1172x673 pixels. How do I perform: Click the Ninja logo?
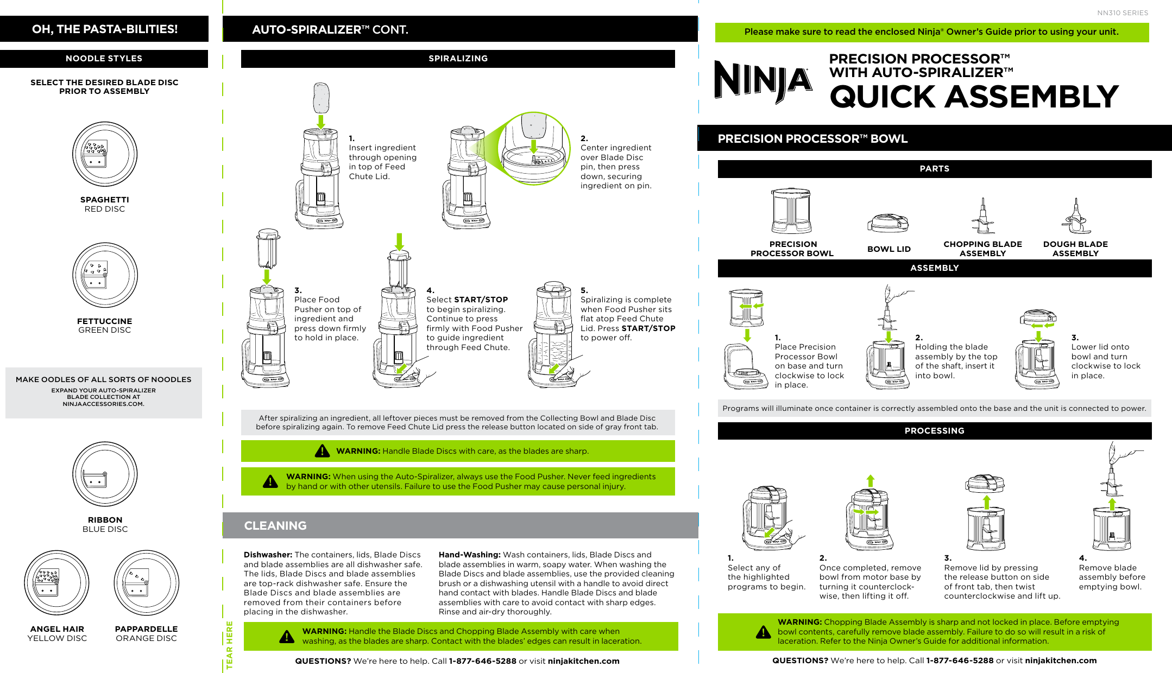(763, 82)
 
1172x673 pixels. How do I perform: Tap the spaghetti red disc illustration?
(105, 154)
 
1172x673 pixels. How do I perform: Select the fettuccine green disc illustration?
(105, 275)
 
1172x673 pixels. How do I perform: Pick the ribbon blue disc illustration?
(105, 474)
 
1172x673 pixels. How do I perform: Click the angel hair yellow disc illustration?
(56, 583)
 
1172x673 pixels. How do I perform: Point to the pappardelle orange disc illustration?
(146, 583)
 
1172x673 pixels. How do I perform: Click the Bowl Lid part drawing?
(888, 223)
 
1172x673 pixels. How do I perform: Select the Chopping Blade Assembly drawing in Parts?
(982, 217)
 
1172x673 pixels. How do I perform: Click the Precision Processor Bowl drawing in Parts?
(791, 212)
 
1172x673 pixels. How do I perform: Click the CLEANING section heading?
(275, 525)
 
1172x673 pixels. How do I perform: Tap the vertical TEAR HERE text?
(230, 645)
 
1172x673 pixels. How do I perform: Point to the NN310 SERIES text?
(1122, 13)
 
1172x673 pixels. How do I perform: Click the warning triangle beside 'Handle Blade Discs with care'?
(322, 451)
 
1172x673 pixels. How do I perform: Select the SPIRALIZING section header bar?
(458, 59)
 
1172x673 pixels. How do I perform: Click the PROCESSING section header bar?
(934, 431)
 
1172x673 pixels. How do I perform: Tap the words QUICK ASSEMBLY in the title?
(973, 97)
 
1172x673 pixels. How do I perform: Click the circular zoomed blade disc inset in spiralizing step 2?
(534, 149)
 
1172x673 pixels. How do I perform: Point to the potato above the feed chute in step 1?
(321, 98)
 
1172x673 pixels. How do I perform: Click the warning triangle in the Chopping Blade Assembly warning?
(763, 632)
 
